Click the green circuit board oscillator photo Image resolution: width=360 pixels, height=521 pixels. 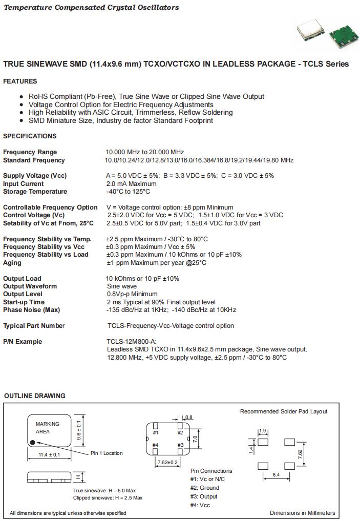(343, 36)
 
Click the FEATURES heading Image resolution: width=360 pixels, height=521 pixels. (20, 81)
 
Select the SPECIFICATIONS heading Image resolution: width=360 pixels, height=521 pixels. (30, 136)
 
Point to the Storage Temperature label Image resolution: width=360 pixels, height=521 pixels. (35, 192)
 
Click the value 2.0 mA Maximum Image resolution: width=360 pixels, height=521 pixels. (131, 184)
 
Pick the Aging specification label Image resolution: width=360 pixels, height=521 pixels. (12, 263)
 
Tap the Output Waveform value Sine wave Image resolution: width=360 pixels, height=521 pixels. (122, 286)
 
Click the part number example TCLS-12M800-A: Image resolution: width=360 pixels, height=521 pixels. (132, 342)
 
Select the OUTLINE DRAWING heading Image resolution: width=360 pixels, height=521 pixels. (35, 396)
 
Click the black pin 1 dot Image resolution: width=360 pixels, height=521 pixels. (33, 442)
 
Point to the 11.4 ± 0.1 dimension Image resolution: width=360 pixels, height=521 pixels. (49, 455)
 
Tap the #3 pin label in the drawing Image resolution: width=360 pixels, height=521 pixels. (180, 445)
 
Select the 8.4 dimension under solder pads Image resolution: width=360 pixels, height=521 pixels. (276, 475)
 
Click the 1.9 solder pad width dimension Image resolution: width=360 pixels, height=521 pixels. (263, 431)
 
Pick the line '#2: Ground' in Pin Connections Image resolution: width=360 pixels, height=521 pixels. (205, 488)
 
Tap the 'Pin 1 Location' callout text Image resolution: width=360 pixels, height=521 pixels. (107, 453)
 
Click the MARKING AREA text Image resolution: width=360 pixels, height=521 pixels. (47, 428)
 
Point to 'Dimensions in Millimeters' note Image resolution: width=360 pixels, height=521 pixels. (302, 513)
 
